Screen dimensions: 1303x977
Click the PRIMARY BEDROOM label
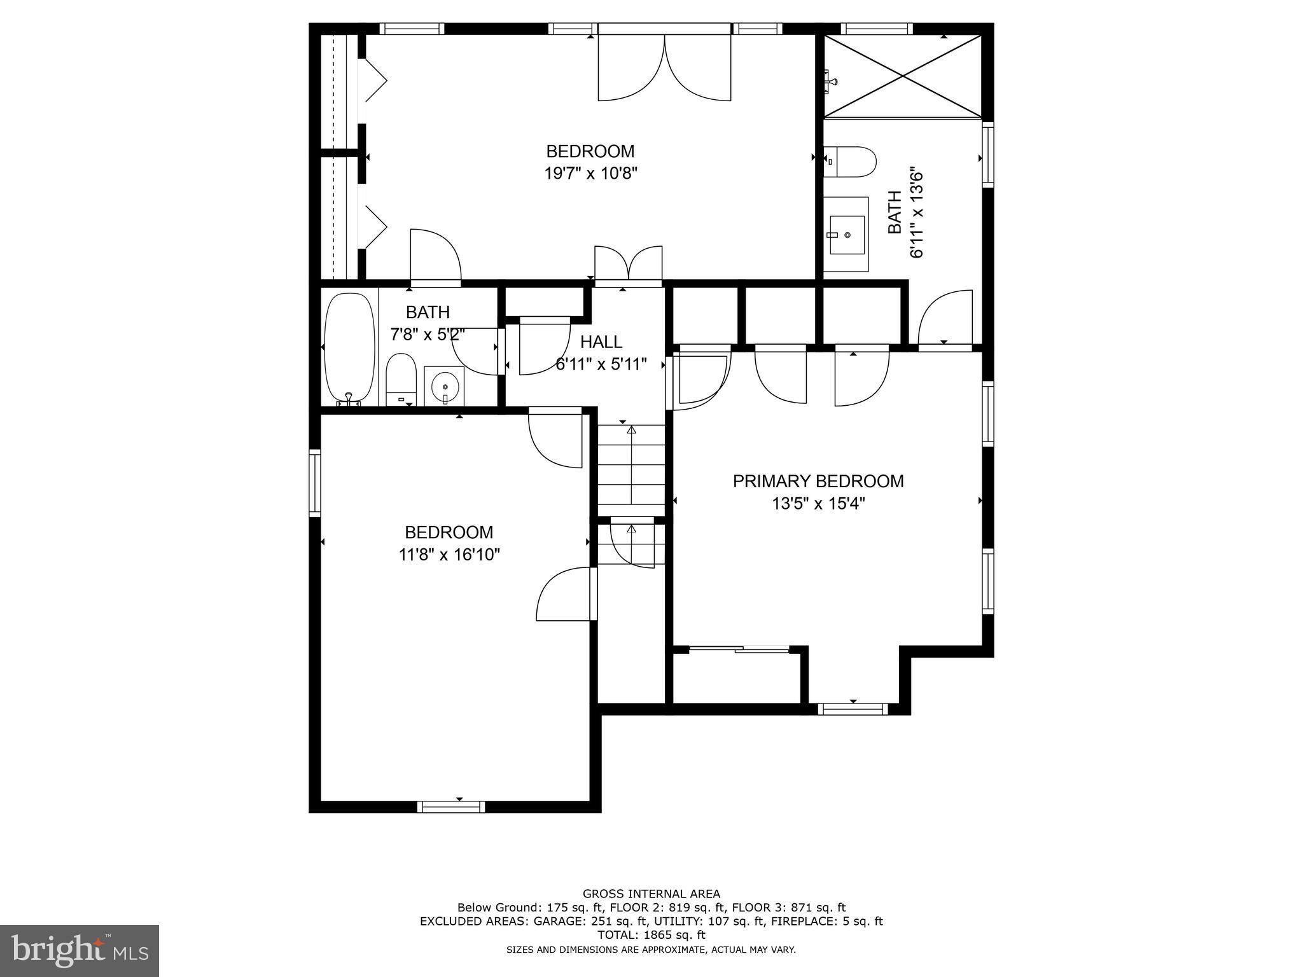pos(818,481)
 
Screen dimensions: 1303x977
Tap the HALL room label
pos(601,342)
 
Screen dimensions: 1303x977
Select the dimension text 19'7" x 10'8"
pos(591,174)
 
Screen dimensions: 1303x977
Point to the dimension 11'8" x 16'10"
pos(449,555)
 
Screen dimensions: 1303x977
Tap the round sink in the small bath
pos(445,385)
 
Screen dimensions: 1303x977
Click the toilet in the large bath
pos(850,162)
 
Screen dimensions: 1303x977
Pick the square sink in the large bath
pos(847,234)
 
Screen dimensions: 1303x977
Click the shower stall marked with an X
pos(903,76)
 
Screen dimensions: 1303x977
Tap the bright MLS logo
pos(80,950)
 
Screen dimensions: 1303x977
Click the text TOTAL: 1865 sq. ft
pos(651,935)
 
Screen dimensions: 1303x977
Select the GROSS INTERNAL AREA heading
pos(651,894)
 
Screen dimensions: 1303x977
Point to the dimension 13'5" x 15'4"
pos(818,504)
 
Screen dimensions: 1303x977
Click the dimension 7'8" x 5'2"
pos(428,335)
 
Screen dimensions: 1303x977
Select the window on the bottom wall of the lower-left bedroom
pos(451,807)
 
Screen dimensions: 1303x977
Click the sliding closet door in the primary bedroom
pos(739,649)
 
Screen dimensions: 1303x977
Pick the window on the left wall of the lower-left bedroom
pos(315,483)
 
